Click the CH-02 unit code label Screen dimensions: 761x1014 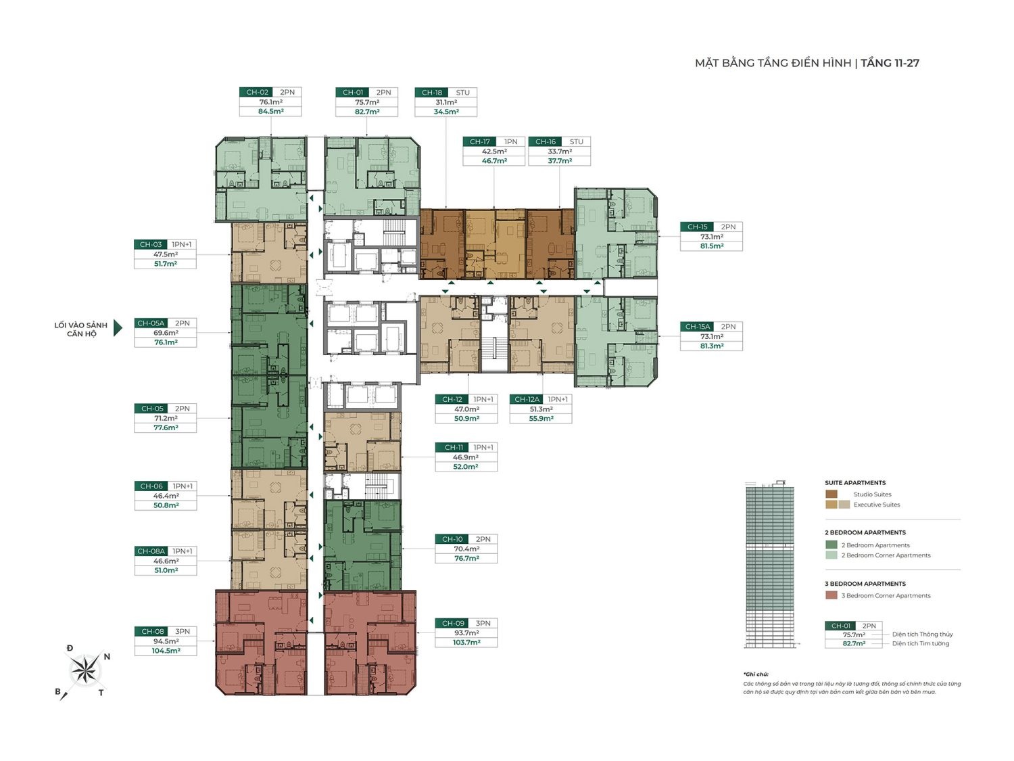pyautogui.click(x=257, y=93)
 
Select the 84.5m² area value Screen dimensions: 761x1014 pyautogui.click(x=270, y=112)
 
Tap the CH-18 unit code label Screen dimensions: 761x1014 pyautogui.click(x=432, y=93)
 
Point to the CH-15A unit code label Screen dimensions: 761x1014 pyautogui.click(x=696, y=327)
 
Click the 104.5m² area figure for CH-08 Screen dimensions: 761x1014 pyautogui.click(x=166, y=651)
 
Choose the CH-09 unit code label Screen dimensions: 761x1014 pyautogui.click(x=453, y=623)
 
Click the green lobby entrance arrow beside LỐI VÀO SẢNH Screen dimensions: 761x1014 pyautogui.click(x=118, y=328)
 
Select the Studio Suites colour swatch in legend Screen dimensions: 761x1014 pyautogui.click(x=831, y=494)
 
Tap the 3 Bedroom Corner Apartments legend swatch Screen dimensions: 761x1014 pyautogui.click(x=831, y=595)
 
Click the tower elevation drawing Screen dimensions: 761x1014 pyautogui.click(x=769, y=565)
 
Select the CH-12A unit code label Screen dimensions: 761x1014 pyautogui.click(x=527, y=399)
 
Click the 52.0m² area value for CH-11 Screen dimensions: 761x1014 pyautogui.click(x=466, y=467)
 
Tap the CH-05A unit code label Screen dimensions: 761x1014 pyautogui.click(x=151, y=323)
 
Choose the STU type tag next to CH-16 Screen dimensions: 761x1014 pyautogui.click(x=576, y=142)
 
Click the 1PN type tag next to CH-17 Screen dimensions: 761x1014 pyautogui.click(x=510, y=142)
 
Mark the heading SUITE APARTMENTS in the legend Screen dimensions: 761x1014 pyautogui.click(x=854, y=483)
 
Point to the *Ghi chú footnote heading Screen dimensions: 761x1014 pyautogui.click(x=756, y=674)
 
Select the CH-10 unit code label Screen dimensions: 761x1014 pyautogui.click(x=453, y=539)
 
